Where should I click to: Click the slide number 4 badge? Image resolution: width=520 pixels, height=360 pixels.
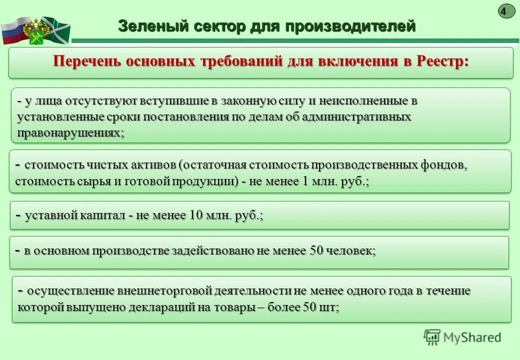click(x=506, y=11)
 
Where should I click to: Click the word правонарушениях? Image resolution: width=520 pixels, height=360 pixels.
click(x=70, y=133)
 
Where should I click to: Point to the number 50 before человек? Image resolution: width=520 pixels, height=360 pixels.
click(x=316, y=250)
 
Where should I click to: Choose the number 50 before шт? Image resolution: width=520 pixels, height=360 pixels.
click(x=309, y=307)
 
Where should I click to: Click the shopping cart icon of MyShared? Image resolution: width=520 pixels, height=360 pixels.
click(x=432, y=337)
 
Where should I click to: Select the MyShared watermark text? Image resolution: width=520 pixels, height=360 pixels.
click(x=471, y=337)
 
